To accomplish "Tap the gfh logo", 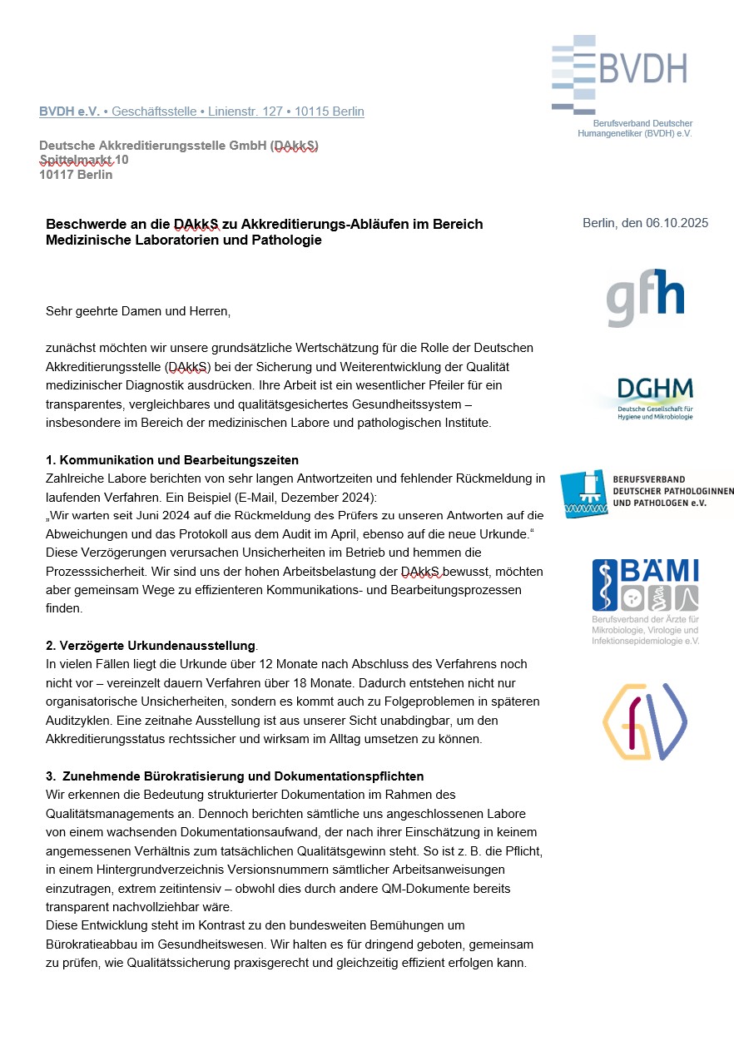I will pyautogui.click(x=645, y=297).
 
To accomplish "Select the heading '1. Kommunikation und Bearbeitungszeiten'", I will pyautogui.click(x=172, y=460).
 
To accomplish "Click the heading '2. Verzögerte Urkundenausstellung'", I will pyautogui.click(x=151, y=646).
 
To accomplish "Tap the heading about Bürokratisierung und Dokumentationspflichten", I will pyautogui.click(x=235, y=776).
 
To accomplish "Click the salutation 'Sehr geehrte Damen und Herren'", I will pyautogui.click(x=137, y=311).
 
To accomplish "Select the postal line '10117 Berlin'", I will pyautogui.click(x=76, y=175).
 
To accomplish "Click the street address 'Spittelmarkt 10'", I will pyautogui.click(x=83, y=160).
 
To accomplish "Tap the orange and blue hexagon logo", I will pyautogui.click(x=643, y=722).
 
